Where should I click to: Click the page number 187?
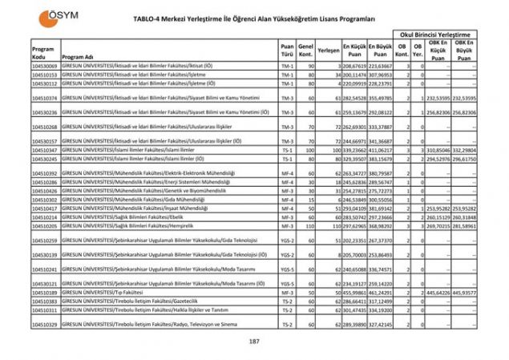pos(254,342)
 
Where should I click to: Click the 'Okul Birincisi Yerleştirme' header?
pos(438,36)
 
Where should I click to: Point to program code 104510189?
pos(45,293)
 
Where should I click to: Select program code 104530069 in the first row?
pos(45,66)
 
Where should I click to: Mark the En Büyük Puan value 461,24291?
pos(381,293)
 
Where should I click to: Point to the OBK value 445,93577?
pos(463,293)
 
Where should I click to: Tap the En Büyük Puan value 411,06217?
pos(381,150)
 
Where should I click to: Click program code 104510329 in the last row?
pos(45,324)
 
